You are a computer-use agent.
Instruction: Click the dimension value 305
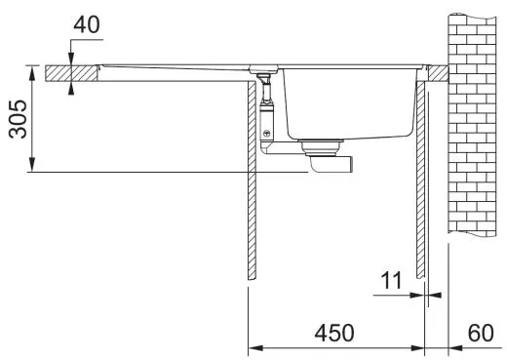(17, 119)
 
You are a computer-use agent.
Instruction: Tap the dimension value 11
(390, 282)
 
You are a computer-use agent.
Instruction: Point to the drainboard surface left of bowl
(175, 64)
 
